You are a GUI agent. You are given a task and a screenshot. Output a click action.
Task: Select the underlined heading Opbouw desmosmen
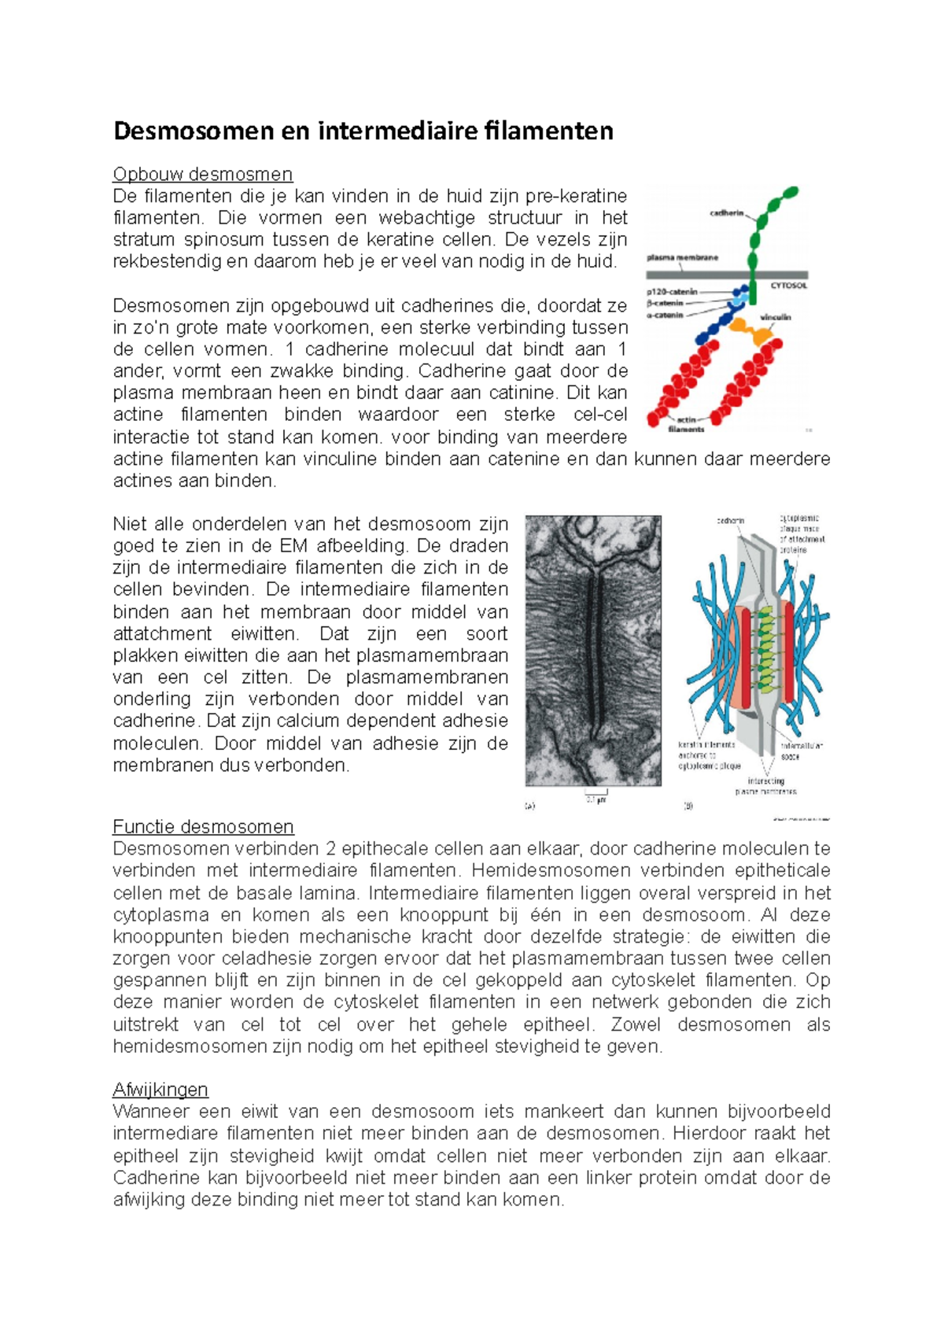point(202,174)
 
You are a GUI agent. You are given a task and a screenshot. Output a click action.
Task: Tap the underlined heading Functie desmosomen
point(203,827)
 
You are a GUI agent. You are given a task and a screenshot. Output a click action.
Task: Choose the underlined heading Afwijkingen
point(160,1090)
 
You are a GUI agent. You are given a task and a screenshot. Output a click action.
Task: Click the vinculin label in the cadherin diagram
point(776,317)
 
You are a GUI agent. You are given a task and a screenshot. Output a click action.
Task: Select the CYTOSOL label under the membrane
point(788,286)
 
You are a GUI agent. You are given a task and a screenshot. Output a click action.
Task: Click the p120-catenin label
point(672,292)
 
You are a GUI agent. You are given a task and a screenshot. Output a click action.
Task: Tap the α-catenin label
point(665,315)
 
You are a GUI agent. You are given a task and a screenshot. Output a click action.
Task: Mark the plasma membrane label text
point(682,257)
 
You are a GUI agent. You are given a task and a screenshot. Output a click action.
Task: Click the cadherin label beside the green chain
point(727,213)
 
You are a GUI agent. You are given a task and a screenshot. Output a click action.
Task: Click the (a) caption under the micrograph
point(529,806)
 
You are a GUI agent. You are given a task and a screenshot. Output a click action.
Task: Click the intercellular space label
point(802,751)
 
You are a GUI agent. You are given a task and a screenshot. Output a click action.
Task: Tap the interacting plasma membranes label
point(765,786)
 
